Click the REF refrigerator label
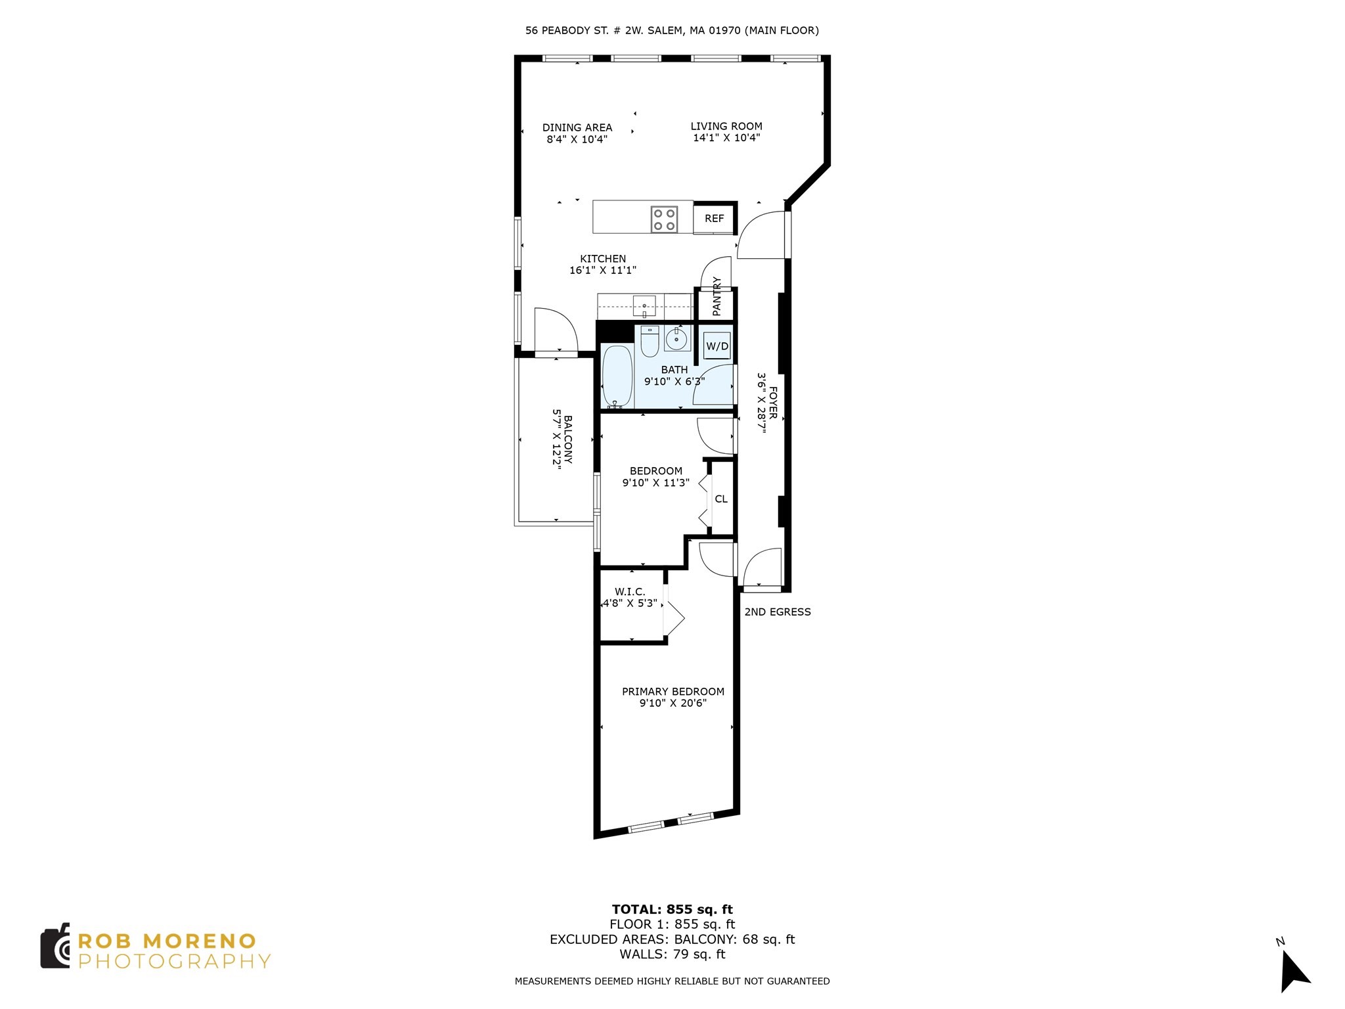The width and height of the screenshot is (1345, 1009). (714, 219)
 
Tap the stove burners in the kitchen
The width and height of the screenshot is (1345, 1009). (664, 219)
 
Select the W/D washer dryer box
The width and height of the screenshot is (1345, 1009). (717, 346)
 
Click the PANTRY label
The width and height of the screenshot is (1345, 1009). (717, 296)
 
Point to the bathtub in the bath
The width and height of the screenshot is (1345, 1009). (617, 376)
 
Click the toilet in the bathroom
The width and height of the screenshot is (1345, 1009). (650, 341)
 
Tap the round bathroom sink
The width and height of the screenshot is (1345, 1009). (676, 339)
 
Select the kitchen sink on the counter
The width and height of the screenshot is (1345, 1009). (644, 306)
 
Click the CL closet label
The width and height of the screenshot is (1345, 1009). (721, 499)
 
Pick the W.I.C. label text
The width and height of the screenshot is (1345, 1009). (630, 592)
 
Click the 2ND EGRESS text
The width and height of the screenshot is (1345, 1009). (778, 612)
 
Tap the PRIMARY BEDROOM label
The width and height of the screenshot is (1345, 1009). (673, 692)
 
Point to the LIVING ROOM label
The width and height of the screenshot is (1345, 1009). (726, 126)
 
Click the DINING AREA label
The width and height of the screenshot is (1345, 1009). (577, 127)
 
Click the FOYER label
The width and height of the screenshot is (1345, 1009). (773, 403)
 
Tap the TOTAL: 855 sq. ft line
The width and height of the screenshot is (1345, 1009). (672, 910)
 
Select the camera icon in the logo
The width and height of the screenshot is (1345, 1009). (55, 946)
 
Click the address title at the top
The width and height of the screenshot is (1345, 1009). (672, 30)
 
